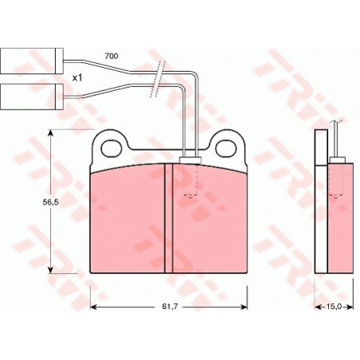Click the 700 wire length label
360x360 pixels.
(112, 57)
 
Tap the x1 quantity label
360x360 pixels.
(77, 78)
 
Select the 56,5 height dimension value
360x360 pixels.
(51, 202)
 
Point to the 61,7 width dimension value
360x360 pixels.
(170, 307)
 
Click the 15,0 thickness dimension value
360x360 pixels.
(334, 307)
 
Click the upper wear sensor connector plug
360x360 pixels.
(32, 61)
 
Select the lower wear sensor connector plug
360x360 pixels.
(32, 96)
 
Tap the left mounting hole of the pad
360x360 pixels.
(112, 148)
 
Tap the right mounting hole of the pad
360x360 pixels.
(225, 148)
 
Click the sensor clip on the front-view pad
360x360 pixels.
(190, 160)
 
